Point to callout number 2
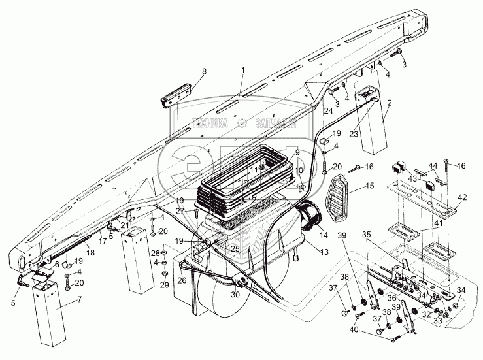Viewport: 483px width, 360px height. [389, 104]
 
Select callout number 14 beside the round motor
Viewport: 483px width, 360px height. [323, 233]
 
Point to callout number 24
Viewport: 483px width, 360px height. [328, 113]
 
